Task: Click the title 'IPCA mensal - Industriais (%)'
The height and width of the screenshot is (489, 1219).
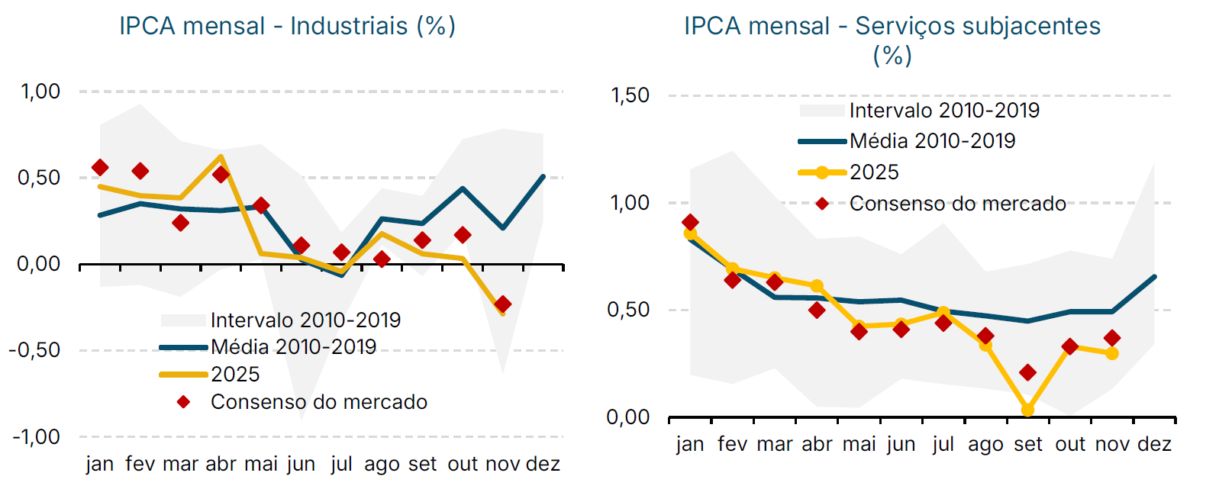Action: coord(287,26)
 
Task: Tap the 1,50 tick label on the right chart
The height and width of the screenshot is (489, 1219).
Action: coord(630,95)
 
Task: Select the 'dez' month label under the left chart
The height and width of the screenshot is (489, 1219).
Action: coord(543,464)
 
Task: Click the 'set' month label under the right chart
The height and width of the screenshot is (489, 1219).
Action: coord(1027,444)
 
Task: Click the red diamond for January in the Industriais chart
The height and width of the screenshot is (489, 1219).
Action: coord(100,167)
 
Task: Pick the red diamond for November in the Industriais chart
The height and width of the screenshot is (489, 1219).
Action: coord(502,304)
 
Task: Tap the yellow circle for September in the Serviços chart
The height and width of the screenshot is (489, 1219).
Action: coord(1027,410)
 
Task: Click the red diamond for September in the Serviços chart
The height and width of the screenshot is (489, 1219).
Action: coord(1027,372)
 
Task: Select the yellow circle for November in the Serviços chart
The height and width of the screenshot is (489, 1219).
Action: coord(1112,353)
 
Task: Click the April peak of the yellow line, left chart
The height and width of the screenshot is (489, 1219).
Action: coord(221,157)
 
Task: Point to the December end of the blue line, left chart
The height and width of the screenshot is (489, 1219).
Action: coord(543,177)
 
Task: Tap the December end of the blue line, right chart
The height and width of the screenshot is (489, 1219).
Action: coord(1154,277)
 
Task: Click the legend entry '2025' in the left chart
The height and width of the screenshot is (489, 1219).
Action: coord(235,375)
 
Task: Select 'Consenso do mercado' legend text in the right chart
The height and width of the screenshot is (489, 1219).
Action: coord(957,204)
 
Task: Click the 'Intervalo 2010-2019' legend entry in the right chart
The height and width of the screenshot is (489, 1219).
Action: coord(944,111)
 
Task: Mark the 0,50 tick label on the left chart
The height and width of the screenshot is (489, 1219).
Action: coord(38,178)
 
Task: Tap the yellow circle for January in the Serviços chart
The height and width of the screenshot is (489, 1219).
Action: coord(690,234)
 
